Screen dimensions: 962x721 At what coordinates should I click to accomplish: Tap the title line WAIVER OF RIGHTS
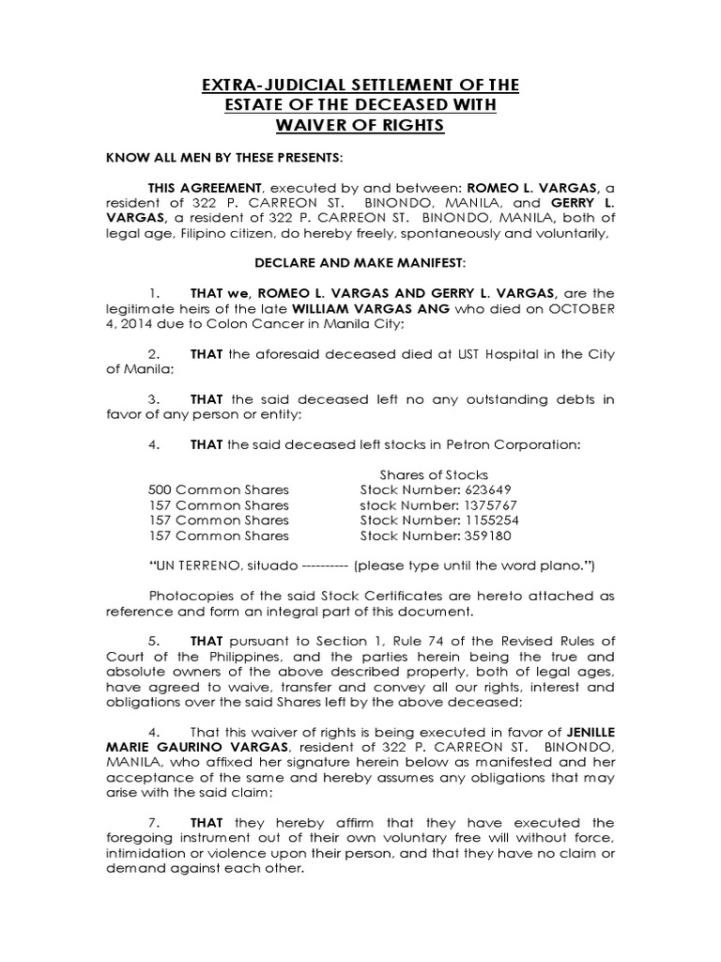pyautogui.click(x=360, y=125)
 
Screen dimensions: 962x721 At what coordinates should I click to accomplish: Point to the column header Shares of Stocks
pyautogui.click(x=434, y=474)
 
